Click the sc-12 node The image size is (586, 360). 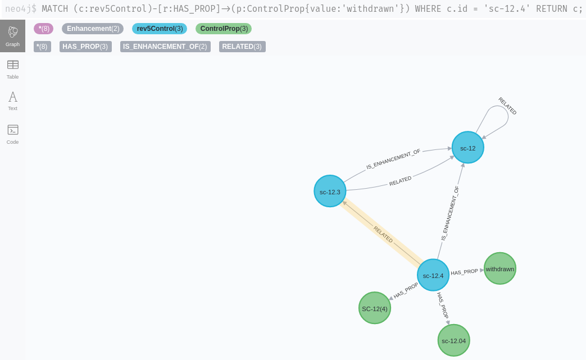(x=467, y=148)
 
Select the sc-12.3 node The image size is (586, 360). (x=330, y=191)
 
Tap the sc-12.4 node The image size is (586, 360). (x=433, y=275)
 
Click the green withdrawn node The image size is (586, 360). (x=499, y=268)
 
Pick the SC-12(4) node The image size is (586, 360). (x=375, y=308)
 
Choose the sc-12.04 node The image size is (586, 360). (x=453, y=340)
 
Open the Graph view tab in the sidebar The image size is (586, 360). (x=12, y=36)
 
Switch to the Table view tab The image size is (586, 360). (x=12, y=69)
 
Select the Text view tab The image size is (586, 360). (x=12, y=101)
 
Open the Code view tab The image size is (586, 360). (x=12, y=134)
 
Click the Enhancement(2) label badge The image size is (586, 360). (x=93, y=29)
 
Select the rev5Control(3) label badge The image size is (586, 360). (x=160, y=29)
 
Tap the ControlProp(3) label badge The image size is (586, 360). (x=224, y=29)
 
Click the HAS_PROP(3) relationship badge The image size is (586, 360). (x=85, y=47)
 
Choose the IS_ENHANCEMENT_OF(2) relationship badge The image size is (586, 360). (x=165, y=47)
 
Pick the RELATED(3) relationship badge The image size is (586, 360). (x=242, y=47)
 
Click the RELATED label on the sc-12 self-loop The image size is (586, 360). (x=507, y=106)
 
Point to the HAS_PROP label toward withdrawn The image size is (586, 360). (x=464, y=272)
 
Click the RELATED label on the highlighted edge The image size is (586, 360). (x=383, y=234)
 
